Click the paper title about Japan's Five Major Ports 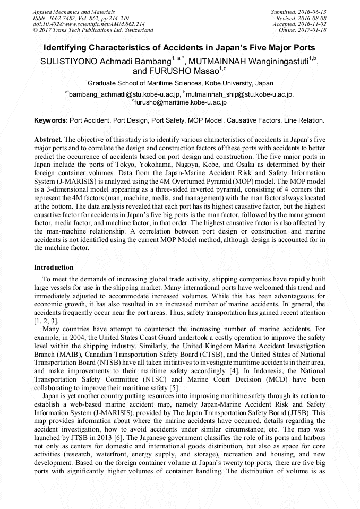click(x=179, y=47)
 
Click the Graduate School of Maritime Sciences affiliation click(x=180, y=83)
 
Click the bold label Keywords click(x=51, y=121)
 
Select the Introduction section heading click(x=54, y=267)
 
